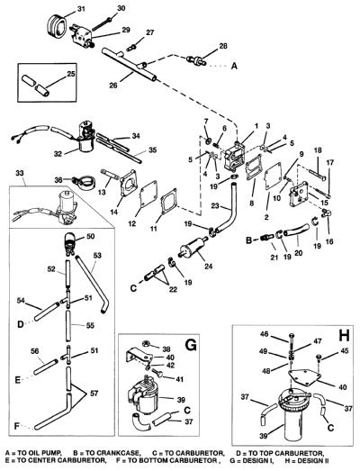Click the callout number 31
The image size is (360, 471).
click(81, 9)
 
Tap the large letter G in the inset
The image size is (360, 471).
click(190, 345)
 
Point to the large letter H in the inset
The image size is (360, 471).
click(344, 335)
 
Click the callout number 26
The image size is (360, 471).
click(113, 86)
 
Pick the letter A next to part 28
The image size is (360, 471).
click(234, 66)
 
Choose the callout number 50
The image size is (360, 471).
click(90, 237)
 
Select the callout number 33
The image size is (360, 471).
click(20, 173)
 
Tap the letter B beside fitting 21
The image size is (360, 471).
click(249, 240)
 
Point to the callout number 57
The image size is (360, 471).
click(94, 393)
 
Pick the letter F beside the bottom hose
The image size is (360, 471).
click(17, 426)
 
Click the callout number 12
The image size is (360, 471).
click(132, 223)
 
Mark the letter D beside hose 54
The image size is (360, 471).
click(20, 324)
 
